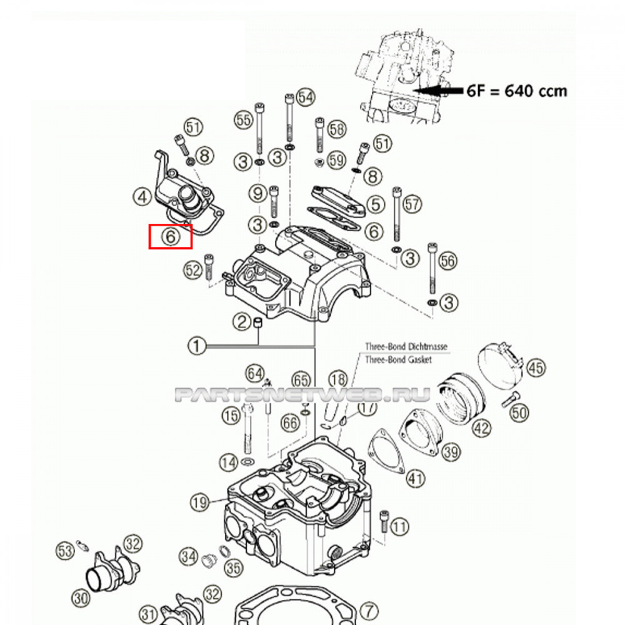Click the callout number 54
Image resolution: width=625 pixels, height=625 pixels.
(x=306, y=97)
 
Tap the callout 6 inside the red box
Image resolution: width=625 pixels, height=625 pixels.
(x=169, y=237)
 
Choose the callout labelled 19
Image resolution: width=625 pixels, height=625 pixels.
(x=199, y=502)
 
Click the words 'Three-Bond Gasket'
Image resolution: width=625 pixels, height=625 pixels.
(x=397, y=359)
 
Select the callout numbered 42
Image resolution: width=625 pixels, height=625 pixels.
(x=481, y=429)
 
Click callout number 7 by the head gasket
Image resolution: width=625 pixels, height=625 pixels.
(x=369, y=610)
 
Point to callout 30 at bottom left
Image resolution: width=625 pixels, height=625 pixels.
(x=81, y=597)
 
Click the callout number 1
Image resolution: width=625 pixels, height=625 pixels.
(x=197, y=344)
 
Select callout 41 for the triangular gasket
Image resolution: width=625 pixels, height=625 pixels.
(x=415, y=479)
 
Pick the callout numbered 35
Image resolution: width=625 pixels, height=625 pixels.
(x=234, y=568)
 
